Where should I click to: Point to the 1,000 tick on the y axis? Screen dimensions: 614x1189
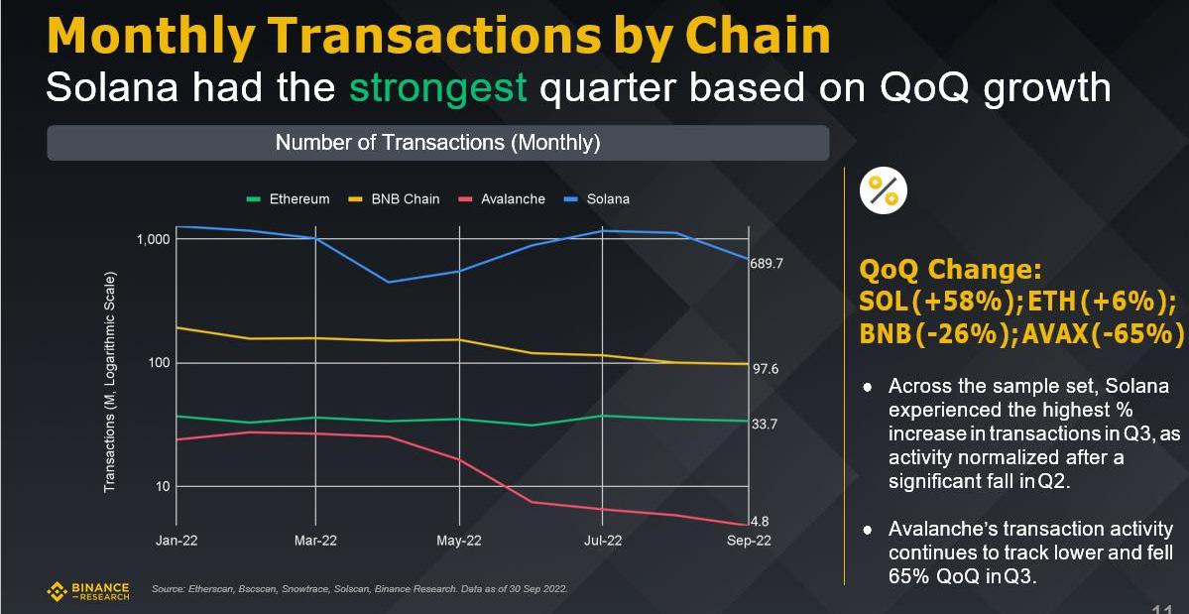coord(154,240)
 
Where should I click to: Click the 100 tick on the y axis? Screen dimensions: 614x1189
coord(159,363)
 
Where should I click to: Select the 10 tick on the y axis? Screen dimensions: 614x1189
coord(162,486)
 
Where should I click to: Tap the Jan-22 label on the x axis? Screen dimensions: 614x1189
coord(176,541)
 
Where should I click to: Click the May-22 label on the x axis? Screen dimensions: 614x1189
coord(459,541)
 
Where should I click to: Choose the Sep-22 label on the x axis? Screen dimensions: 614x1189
coord(749,541)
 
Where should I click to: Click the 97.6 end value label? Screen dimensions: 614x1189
coord(766,369)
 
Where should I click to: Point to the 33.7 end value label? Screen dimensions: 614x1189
coord(766,424)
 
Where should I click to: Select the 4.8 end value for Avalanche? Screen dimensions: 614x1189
coord(760,521)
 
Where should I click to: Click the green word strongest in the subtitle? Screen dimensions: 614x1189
coord(437,87)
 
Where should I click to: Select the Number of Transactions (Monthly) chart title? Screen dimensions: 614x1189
coord(437,143)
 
